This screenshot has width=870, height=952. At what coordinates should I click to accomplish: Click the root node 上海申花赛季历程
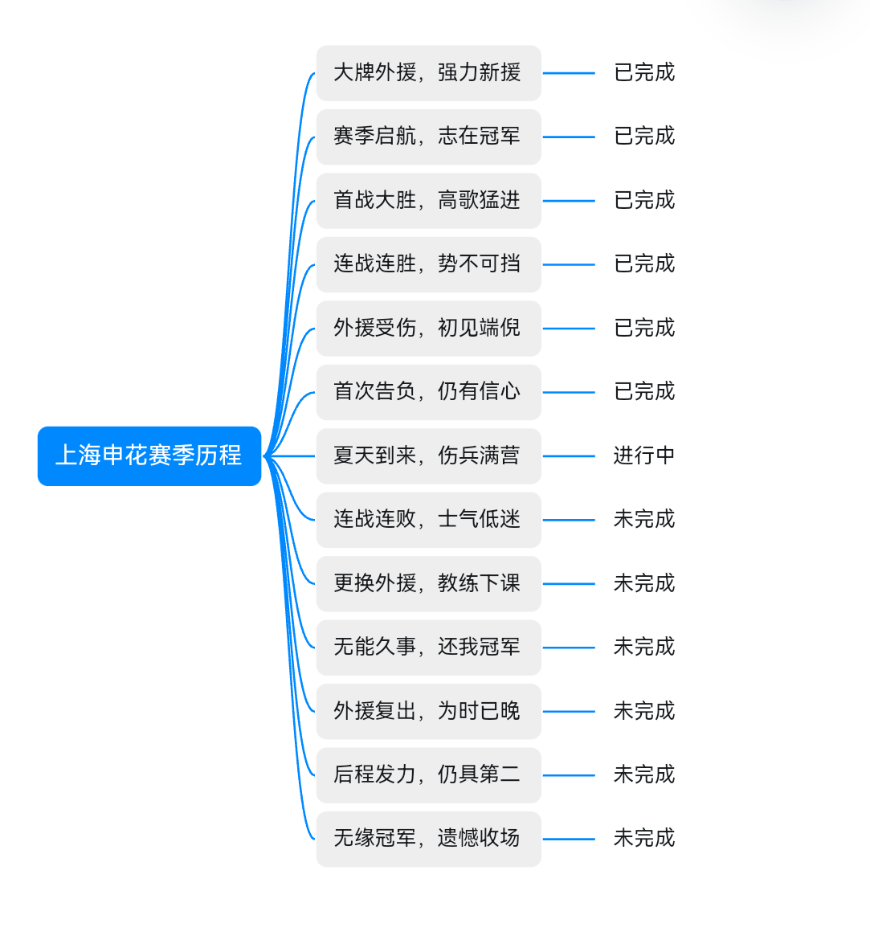click(149, 456)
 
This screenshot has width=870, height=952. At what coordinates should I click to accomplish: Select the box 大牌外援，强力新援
click(429, 73)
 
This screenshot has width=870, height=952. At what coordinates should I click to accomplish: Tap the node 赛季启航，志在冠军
click(429, 137)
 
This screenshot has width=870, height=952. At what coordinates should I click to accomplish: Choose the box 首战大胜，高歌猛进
click(429, 200)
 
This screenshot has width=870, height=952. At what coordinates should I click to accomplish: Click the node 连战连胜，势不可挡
click(429, 264)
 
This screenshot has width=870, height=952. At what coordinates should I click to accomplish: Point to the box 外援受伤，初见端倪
click(429, 329)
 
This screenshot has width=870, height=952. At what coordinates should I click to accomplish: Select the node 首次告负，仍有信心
click(429, 392)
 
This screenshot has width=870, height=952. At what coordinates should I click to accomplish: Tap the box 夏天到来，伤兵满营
click(429, 456)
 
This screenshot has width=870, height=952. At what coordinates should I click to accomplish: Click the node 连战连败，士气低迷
click(429, 520)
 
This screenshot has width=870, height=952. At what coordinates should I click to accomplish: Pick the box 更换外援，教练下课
click(429, 583)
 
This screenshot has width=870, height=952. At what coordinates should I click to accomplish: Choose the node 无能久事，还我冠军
click(429, 648)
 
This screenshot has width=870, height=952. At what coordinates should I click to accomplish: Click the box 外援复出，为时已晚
click(429, 711)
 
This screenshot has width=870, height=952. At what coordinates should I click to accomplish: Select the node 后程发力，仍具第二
click(429, 774)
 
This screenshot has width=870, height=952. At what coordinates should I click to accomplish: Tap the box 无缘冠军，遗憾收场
click(429, 839)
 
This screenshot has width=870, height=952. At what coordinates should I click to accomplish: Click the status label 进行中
click(644, 456)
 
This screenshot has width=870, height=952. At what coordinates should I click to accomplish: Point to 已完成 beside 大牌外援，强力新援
click(644, 72)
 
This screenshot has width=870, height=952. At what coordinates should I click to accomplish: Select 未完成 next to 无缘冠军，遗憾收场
click(644, 838)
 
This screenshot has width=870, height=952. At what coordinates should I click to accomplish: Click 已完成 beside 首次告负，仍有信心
click(644, 391)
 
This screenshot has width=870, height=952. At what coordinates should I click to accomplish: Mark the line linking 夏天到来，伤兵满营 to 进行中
click(569, 456)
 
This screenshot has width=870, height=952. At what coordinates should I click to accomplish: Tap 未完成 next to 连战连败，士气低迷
click(644, 519)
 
